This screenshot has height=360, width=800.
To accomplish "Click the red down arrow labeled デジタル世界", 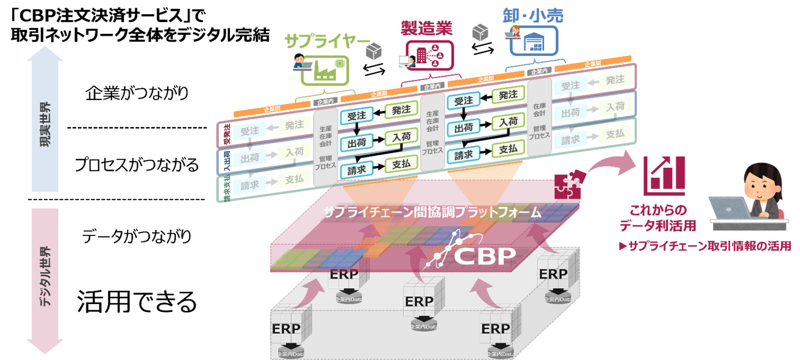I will click(x=45, y=278).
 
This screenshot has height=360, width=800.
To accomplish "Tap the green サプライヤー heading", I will click(x=327, y=41).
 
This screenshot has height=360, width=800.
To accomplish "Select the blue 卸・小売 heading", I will click(x=533, y=16).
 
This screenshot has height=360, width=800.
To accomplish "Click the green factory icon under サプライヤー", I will click(x=325, y=70).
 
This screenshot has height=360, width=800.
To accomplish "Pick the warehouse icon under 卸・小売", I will click(x=534, y=41).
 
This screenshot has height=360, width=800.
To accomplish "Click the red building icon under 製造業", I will click(x=430, y=55).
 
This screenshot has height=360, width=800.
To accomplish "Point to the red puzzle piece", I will click(x=568, y=186).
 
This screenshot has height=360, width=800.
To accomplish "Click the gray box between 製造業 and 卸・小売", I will click(x=480, y=32).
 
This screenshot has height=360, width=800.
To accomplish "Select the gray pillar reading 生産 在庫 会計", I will click(x=325, y=147).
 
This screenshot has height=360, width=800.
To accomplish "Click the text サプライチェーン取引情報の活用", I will click(x=709, y=246).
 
